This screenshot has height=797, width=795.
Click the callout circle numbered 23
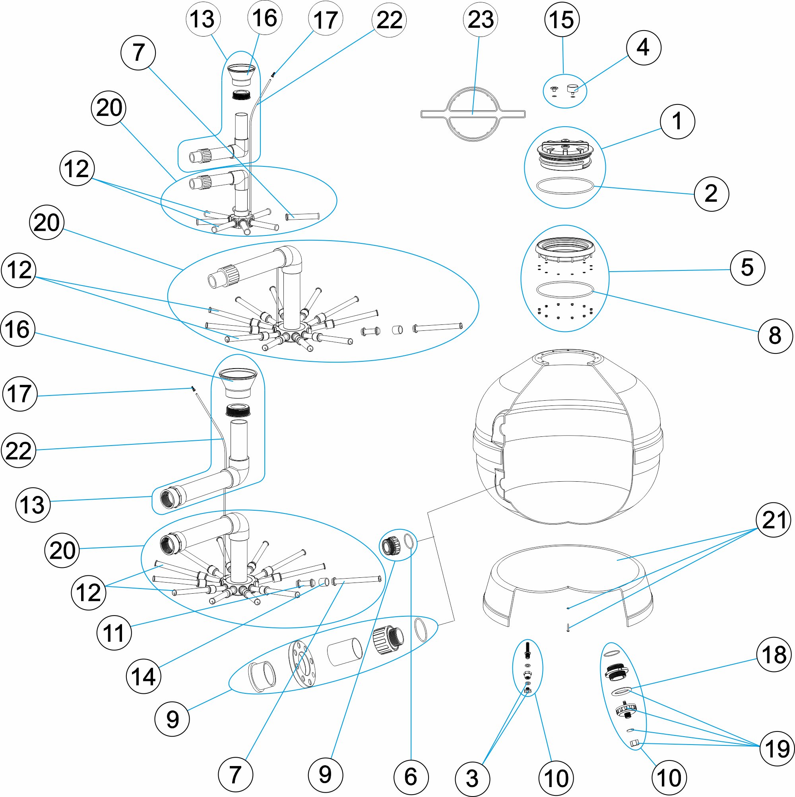coord(480,19)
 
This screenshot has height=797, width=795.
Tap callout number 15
coord(562,19)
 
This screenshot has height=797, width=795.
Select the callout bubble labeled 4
coord(644,47)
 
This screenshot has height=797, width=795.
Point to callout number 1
coord(677,121)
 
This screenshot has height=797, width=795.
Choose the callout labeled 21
coord(774,520)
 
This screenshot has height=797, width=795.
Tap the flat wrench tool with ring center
coord(473,114)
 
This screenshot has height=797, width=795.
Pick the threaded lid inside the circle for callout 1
coord(564,155)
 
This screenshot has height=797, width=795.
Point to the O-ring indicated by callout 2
coord(564,185)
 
